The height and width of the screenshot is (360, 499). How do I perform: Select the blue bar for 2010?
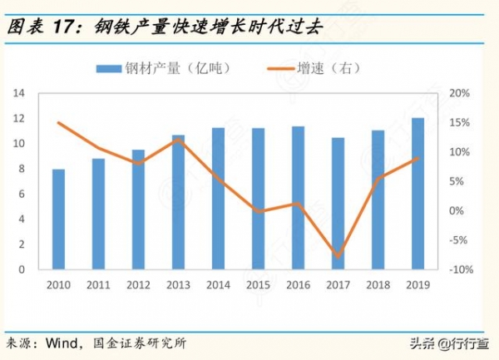click(58, 219)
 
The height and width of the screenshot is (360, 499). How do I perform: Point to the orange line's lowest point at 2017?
click(338, 256)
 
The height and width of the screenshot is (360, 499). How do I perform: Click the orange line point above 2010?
click(58, 123)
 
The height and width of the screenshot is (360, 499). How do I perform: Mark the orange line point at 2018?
click(378, 178)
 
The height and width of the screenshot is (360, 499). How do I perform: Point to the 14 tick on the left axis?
click(21, 93)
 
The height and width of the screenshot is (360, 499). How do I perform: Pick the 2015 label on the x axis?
click(258, 285)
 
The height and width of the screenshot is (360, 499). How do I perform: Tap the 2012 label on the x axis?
click(138, 285)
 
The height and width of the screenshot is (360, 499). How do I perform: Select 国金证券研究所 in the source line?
click(136, 343)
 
